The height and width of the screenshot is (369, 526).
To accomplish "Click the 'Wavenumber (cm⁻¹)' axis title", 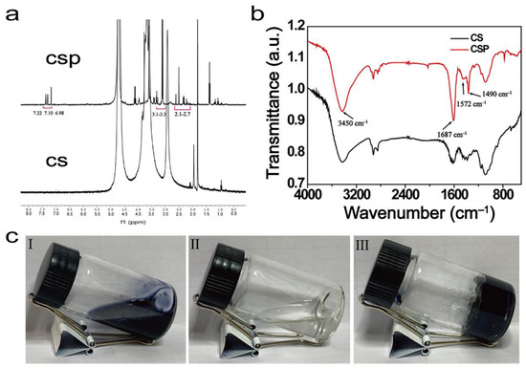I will click(x=413, y=209).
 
